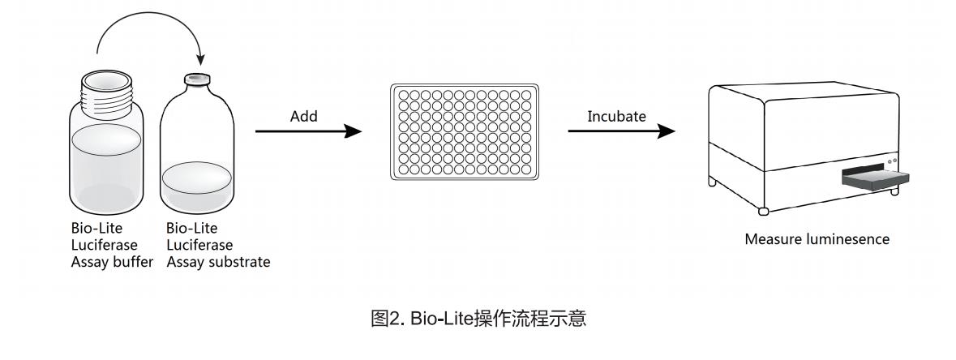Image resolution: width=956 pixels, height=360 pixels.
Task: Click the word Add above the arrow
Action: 304,117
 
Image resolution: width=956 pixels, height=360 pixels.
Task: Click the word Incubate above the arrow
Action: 616,117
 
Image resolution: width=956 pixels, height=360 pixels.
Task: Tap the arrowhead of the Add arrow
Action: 354,131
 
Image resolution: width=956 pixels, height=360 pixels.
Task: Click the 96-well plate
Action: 464,131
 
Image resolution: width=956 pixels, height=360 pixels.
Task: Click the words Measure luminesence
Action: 817,239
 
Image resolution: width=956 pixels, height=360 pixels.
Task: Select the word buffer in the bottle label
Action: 135,262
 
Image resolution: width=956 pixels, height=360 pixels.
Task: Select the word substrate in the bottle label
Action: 243,262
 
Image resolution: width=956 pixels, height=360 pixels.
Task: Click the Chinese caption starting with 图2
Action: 478,319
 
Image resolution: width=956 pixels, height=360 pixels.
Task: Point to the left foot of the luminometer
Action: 763,211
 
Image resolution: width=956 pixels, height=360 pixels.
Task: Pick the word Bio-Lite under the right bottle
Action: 186,228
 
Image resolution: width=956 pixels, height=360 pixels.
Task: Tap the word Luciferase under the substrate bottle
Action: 199,245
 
